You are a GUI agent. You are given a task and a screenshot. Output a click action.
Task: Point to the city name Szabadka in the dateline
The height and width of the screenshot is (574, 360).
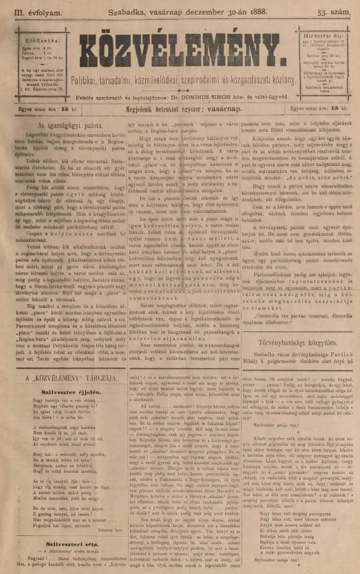click(134, 11)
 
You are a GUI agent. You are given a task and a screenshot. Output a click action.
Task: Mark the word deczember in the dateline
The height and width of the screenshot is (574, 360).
click(217, 11)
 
